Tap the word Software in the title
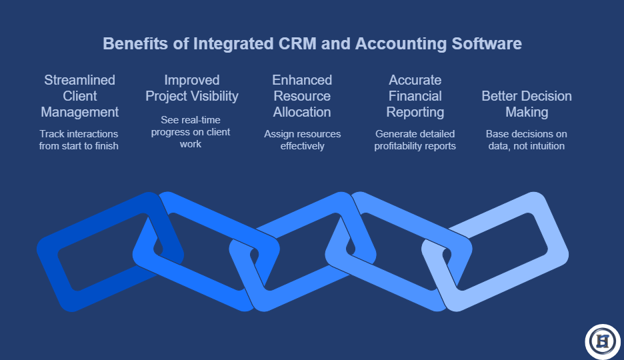(486, 43)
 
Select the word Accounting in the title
(401, 44)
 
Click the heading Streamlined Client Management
(79, 96)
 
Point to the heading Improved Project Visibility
(192, 88)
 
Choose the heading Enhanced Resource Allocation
(302, 96)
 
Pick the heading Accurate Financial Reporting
(415, 96)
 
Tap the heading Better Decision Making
(527, 104)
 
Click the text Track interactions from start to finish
(79, 139)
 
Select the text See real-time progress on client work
(191, 132)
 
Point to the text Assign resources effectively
(303, 139)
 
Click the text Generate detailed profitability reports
(415, 139)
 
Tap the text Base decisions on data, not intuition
(527, 139)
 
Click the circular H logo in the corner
(603, 342)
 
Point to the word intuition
(547, 146)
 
